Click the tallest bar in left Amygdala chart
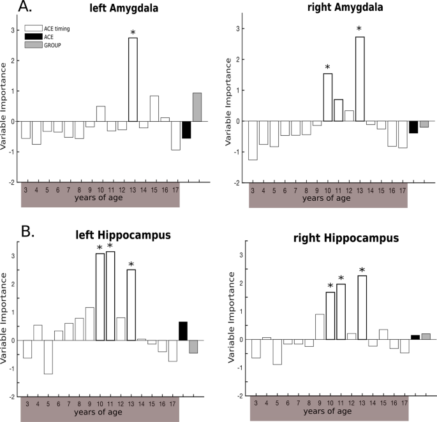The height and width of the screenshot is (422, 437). (x=133, y=80)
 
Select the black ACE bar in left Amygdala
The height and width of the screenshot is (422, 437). (x=186, y=129)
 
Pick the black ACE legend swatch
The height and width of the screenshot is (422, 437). (x=33, y=38)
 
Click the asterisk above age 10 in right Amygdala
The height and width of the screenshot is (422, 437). (x=328, y=68)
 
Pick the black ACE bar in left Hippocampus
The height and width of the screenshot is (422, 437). (x=183, y=331)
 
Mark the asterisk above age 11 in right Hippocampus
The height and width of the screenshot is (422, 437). (x=341, y=279)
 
